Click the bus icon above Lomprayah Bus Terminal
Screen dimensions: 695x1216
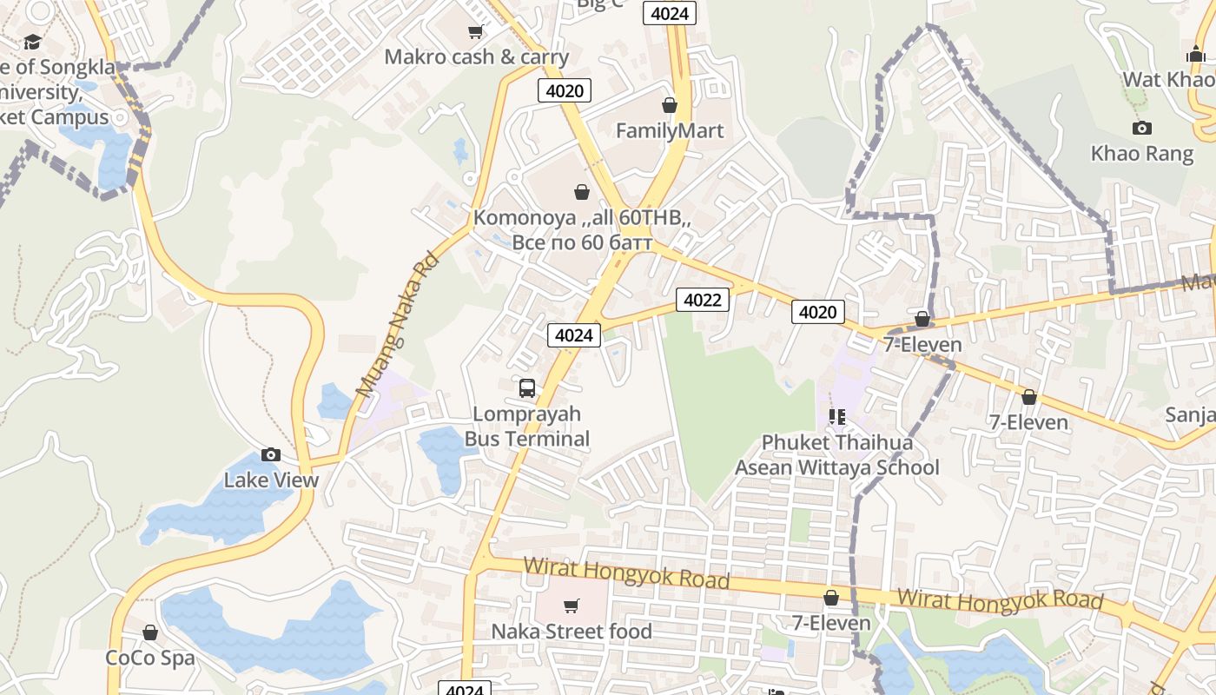[x=527, y=388]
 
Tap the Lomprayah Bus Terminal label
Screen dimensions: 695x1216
[x=527, y=427]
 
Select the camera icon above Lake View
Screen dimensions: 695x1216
[x=271, y=454]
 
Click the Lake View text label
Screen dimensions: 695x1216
[x=271, y=480]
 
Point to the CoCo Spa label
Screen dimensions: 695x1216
[x=150, y=658]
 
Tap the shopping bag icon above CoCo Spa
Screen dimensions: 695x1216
[x=150, y=632]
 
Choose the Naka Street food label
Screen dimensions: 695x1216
[x=572, y=631]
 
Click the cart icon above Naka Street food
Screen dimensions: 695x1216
[x=572, y=606]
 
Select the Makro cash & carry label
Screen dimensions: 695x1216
[x=476, y=57]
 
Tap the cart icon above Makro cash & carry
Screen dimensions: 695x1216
[x=475, y=32]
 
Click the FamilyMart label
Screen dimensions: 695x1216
[x=670, y=131]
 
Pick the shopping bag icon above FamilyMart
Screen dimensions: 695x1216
[x=670, y=105]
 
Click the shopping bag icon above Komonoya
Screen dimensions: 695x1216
[x=582, y=192]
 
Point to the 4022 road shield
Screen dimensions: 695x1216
[x=703, y=300]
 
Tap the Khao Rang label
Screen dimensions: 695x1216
[x=1142, y=154]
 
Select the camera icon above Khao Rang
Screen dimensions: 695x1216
[x=1142, y=129]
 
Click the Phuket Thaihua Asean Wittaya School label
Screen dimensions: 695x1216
[x=837, y=455]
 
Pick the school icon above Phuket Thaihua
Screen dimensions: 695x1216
[x=837, y=417]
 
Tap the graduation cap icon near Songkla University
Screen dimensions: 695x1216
[x=33, y=42]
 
